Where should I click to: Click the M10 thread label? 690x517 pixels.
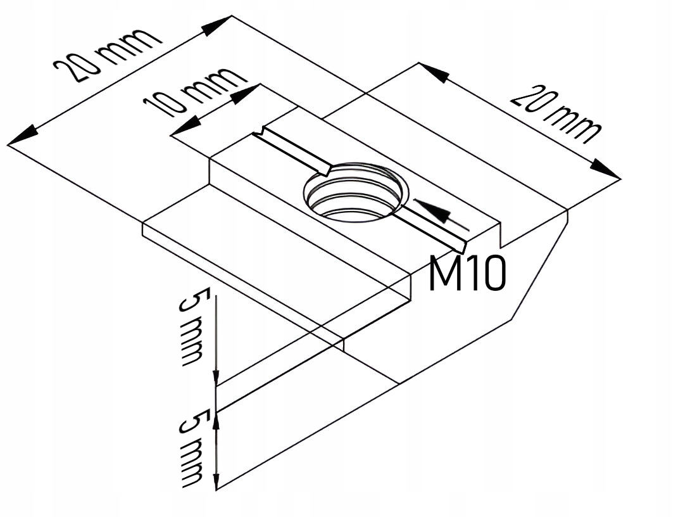pyautogui.click(x=467, y=274)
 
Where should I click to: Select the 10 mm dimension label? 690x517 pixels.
pyautogui.click(x=194, y=92)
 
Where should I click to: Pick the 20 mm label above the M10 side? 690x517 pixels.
pyautogui.click(x=556, y=114)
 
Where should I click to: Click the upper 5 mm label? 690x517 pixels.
pyautogui.click(x=191, y=328)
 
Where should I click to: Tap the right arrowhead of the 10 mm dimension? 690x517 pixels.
pyautogui.click(x=245, y=94)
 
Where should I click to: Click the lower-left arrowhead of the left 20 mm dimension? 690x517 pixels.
pyautogui.click(x=22, y=136)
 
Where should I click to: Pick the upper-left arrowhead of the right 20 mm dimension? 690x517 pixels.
pyautogui.click(x=434, y=72)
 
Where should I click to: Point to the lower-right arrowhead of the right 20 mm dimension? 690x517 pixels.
pyautogui.click(x=605, y=170)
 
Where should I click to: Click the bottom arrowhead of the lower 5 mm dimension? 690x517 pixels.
pyautogui.click(x=216, y=482)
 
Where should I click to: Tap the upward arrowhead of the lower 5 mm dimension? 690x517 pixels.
pyautogui.click(x=216, y=418)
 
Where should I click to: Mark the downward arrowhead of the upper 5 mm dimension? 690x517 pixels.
pyautogui.click(x=216, y=377)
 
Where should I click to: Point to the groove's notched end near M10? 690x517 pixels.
pyautogui.click(x=461, y=245)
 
